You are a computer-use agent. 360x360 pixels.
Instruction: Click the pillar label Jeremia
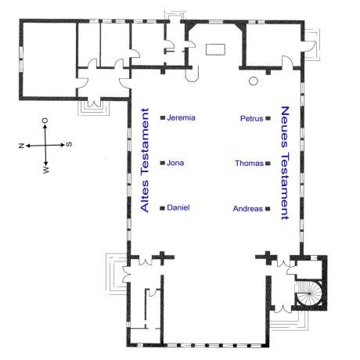tap(181, 118)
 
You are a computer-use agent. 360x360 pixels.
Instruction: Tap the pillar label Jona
tap(175, 163)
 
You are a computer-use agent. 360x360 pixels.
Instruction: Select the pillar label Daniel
tap(178, 208)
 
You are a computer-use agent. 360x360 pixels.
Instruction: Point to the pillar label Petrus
tap(251, 119)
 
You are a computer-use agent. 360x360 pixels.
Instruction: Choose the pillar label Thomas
tap(249, 164)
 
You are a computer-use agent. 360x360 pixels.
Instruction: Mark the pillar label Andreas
tap(248, 209)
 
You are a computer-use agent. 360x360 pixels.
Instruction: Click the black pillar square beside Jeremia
tap(163, 118)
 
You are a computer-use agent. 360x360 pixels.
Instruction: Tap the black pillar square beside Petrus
tap(268, 118)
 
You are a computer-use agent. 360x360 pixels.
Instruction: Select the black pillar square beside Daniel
tap(162, 208)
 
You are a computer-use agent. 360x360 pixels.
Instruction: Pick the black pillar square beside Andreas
tap(268, 209)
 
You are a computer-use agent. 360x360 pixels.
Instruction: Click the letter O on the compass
tap(45, 121)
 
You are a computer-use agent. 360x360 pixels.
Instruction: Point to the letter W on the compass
tap(46, 170)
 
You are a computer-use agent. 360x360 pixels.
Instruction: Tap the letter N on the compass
tap(21, 146)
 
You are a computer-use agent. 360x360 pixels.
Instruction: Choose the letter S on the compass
tap(69, 144)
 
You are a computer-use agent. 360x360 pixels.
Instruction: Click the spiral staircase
tap(309, 293)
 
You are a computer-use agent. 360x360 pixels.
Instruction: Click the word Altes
tap(145, 196)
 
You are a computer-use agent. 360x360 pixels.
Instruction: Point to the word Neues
tap(285, 127)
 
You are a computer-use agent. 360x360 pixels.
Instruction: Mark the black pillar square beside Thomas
tap(268, 164)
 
